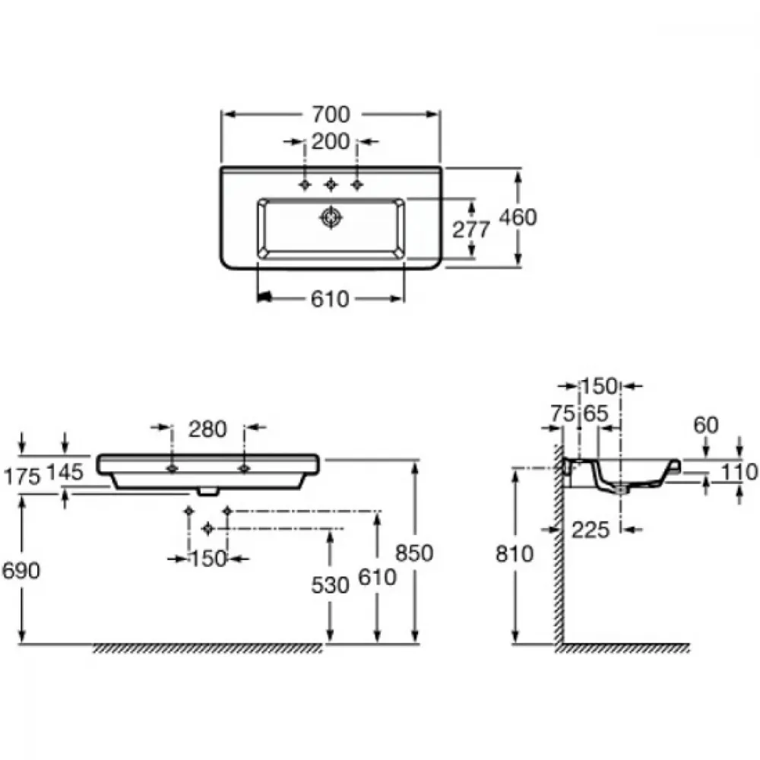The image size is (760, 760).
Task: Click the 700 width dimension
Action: click(x=331, y=115)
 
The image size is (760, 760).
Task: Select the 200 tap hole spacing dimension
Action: click(x=331, y=141)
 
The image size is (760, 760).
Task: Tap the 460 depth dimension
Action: click(x=518, y=217)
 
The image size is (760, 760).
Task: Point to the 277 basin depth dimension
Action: click(x=471, y=230)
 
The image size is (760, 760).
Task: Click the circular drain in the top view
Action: click(x=331, y=217)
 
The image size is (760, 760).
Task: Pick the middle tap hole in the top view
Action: click(x=331, y=184)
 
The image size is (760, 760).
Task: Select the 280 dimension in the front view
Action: click(x=207, y=429)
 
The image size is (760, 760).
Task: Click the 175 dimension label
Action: click(x=22, y=477)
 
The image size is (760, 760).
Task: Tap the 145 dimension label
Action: click(x=65, y=472)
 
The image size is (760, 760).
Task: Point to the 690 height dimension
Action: click(x=21, y=571)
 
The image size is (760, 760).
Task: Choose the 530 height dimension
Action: click(x=330, y=585)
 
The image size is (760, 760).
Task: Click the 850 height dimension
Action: click(x=414, y=553)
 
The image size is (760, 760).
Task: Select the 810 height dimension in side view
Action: click(x=515, y=553)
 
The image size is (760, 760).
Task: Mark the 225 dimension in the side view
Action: click(x=591, y=530)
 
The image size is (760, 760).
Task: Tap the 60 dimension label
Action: click(x=706, y=425)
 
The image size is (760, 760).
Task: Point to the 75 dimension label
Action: click(x=562, y=413)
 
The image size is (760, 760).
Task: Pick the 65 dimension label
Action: click(x=595, y=413)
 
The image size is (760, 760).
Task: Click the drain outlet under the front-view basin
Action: click(x=208, y=491)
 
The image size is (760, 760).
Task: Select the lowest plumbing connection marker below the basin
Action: click(x=208, y=528)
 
